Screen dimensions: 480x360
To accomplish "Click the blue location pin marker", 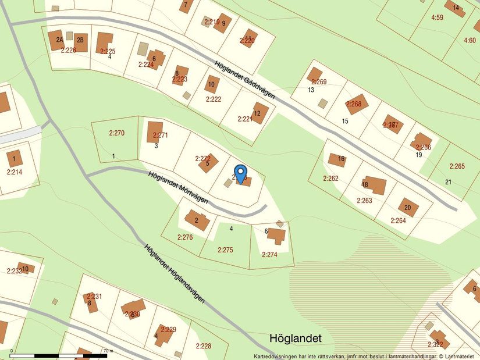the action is [x=240, y=173].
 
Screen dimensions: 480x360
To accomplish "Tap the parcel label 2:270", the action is [x=117, y=133].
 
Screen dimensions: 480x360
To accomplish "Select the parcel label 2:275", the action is [x=225, y=250].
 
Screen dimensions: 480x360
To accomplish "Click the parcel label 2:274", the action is [x=269, y=255].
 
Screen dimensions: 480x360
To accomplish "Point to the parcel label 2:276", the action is [x=184, y=237].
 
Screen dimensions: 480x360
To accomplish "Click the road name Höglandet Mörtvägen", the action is [x=177, y=187].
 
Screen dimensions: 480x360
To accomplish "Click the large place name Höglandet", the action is [x=296, y=338].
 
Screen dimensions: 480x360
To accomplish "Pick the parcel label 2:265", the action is [x=457, y=166].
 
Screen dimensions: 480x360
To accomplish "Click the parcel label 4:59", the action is [x=437, y=17].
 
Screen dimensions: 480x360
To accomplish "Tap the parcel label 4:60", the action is [x=470, y=41].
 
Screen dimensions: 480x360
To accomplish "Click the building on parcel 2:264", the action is [x=408, y=207].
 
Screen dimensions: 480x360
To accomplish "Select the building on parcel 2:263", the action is [x=375, y=185].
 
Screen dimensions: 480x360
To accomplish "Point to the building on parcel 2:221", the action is [x=260, y=113].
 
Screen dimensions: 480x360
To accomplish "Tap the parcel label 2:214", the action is [x=15, y=172].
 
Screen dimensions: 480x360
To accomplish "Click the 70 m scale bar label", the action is [x=107, y=351].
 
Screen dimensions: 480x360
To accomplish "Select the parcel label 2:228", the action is [x=204, y=346].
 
